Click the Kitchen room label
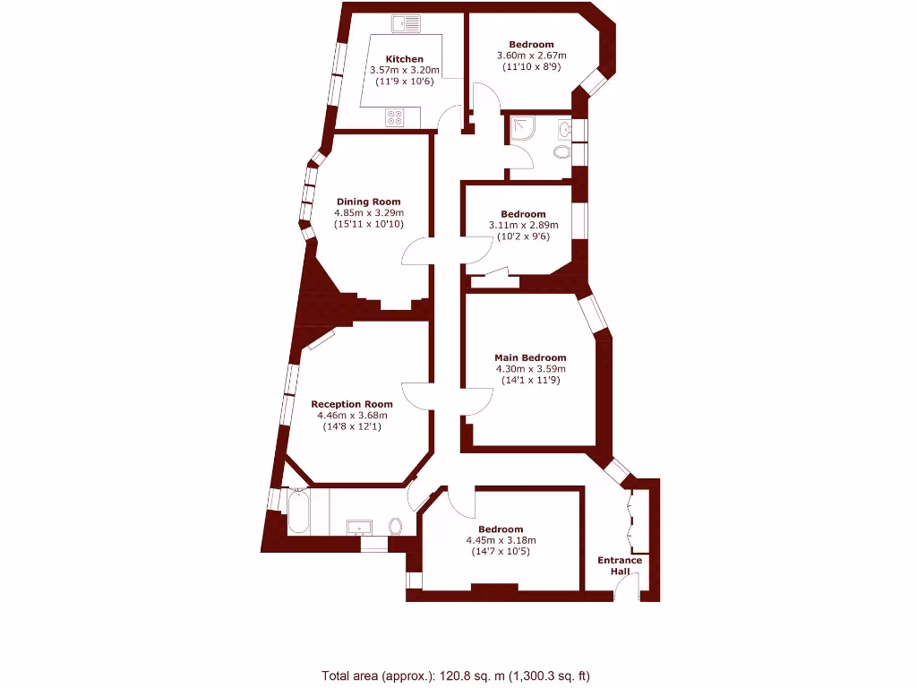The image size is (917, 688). point(405,59)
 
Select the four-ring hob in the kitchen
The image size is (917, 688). point(395,116)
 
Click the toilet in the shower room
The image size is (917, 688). point(562,151)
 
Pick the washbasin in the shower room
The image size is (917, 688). point(564,130)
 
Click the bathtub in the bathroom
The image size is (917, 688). point(298,513)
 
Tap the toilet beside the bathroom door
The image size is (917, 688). point(396,526)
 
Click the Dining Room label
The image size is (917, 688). point(369,202)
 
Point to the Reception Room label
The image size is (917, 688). point(352,404)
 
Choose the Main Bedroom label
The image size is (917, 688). point(530,357)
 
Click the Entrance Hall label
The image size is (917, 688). point(620,566)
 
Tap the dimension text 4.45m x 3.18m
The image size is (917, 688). point(501,540)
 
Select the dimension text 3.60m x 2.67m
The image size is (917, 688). point(531,56)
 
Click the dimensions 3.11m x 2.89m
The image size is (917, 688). point(523,226)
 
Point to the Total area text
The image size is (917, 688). point(456,675)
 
